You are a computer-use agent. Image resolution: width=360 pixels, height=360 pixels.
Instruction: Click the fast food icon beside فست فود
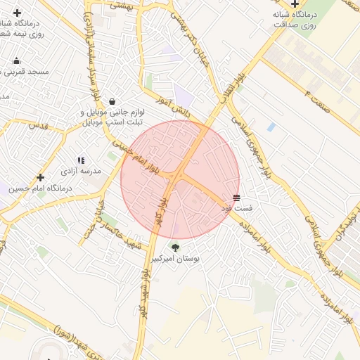pyautogui.click(x=236, y=198)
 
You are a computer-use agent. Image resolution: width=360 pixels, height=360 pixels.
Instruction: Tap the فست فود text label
pyautogui.click(x=237, y=209)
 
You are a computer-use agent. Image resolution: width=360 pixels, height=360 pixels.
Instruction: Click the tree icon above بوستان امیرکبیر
pyautogui.click(x=175, y=247)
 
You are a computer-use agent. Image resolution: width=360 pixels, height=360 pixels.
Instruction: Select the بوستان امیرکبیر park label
pyautogui.click(x=175, y=259)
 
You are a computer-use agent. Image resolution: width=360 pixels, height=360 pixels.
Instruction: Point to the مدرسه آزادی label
pyautogui.click(x=80, y=171)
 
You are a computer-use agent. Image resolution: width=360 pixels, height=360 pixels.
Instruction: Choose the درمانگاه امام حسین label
pyautogui.click(x=40, y=188)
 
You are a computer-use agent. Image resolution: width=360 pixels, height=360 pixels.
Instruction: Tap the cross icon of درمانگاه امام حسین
pyautogui.click(x=40, y=178)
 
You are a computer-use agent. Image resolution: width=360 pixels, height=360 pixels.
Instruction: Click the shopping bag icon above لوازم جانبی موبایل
pyautogui.click(x=112, y=101)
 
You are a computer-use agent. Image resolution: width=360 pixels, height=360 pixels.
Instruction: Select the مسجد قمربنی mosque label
pyautogui.click(x=24, y=72)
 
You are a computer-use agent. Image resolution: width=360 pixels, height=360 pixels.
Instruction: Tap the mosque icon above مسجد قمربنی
pyautogui.click(x=17, y=60)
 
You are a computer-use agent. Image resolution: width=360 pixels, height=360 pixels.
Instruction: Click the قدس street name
pyautogui.click(x=37, y=124)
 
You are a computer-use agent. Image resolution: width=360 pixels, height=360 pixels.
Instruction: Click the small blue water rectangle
pyautogui.click(x=271, y=127)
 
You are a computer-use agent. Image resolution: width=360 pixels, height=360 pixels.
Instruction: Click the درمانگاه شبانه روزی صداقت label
pyautogui.click(x=295, y=18)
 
